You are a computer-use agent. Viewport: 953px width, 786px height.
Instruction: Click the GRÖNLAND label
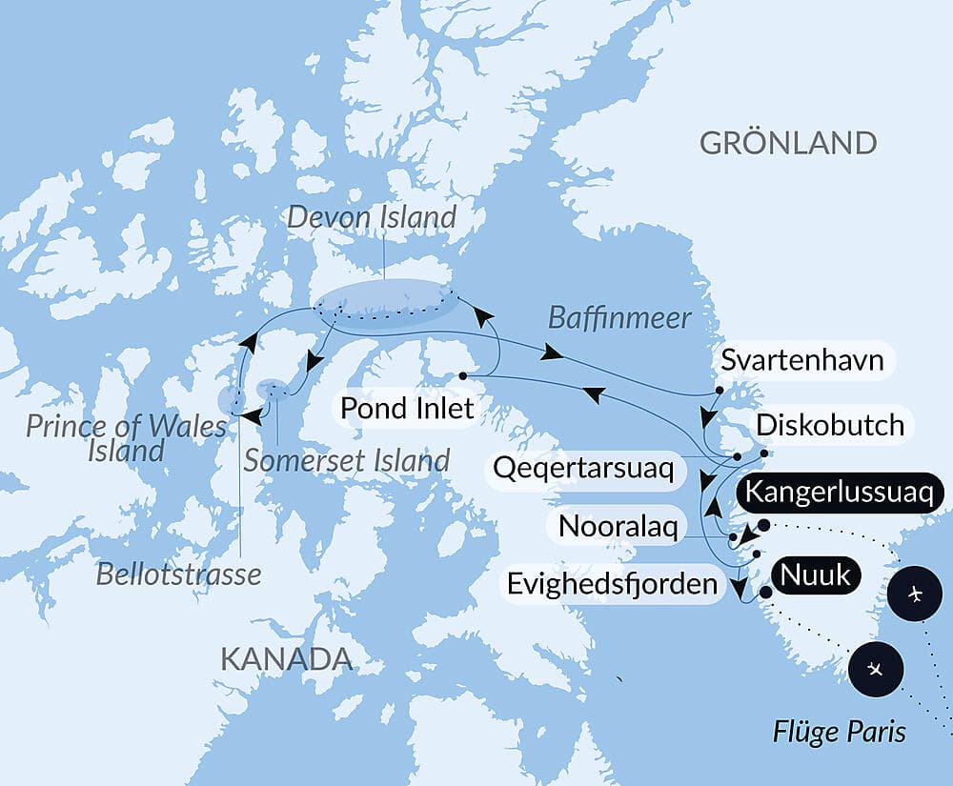(x=787, y=143)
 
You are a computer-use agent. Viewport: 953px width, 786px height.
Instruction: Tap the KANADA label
(x=286, y=658)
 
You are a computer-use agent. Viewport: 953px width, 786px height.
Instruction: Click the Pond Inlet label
(x=395, y=410)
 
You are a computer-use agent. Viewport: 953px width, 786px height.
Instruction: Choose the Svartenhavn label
(x=801, y=361)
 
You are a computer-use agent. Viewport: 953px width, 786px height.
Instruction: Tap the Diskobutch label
(x=829, y=425)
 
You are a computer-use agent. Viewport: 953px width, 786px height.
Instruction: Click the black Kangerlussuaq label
(x=844, y=494)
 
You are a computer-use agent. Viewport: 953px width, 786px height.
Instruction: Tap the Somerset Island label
(x=346, y=460)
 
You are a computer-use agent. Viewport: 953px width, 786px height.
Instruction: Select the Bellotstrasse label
(x=178, y=574)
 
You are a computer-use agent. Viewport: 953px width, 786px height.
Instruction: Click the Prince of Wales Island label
(x=126, y=437)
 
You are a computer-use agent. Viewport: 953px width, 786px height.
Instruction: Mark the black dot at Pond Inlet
(x=462, y=375)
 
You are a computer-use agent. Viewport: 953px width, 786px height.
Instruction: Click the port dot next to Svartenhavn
(x=718, y=391)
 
